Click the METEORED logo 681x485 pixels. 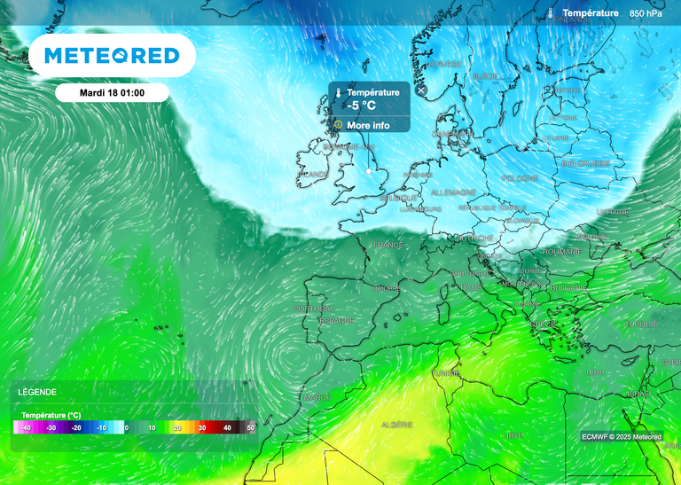112,56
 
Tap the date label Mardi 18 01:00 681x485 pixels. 112,92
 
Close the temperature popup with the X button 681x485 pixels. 421,90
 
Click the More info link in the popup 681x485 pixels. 368,125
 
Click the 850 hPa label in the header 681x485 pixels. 646,13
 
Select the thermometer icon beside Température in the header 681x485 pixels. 551,13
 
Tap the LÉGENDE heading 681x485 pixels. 36,392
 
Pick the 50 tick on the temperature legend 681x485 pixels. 250,427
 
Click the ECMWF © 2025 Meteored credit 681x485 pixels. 622,436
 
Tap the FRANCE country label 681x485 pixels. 387,245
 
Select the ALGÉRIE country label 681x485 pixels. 396,426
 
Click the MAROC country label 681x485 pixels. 317,397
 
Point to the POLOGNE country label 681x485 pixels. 520,178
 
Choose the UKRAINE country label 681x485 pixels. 613,212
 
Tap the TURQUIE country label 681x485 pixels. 641,325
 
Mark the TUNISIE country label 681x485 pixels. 446,373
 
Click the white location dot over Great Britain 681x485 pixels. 369,169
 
